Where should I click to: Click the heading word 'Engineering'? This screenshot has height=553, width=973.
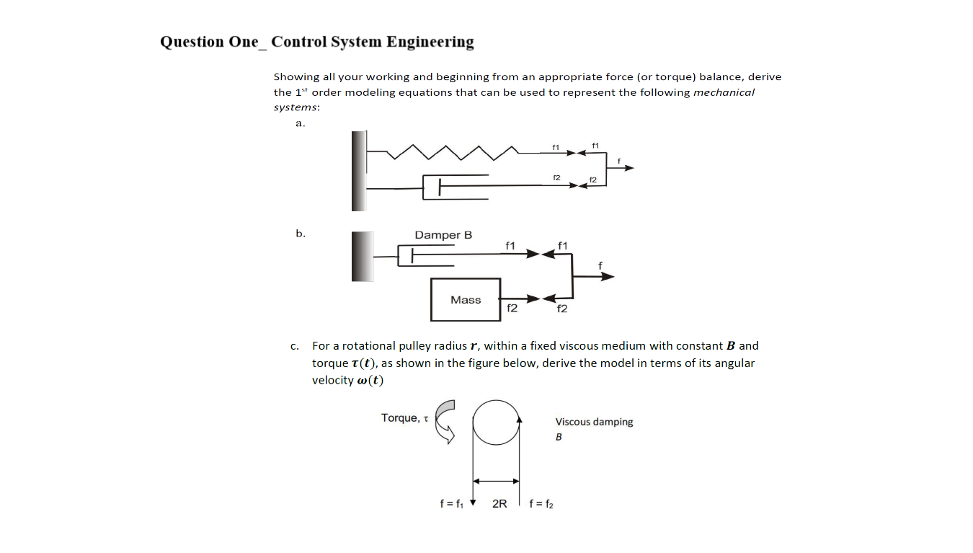[430, 42]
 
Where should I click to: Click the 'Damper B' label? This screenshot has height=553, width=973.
[443, 235]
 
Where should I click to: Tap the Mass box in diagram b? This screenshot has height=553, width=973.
[466, 300]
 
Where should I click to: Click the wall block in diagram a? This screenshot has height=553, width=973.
[359, 171]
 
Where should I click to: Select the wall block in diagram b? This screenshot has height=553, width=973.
[363, 256]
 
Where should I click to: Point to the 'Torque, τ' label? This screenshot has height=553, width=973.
[404, 418]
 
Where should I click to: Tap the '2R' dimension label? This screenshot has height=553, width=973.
[499, 504]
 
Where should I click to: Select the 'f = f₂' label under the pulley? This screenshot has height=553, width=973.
[541, 504]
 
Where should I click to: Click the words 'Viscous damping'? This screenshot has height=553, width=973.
[594, 422]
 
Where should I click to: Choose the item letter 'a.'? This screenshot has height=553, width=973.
[301, 123]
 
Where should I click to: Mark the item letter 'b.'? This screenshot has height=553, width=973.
[301, 233]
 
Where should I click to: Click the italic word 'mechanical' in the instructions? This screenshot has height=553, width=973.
[724, 92]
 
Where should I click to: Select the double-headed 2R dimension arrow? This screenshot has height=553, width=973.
[496, 480]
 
